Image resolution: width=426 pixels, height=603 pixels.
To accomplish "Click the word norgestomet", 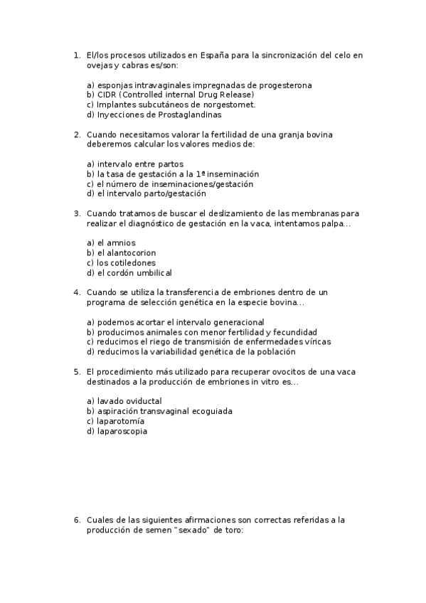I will click(225, 105).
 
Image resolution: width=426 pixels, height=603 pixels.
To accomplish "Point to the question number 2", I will click(77, 134).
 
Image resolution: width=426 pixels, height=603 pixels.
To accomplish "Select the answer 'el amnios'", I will click(115, 242).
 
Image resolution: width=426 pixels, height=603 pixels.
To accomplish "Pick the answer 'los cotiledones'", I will click(124, 262).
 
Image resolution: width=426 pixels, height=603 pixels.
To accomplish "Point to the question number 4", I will click(77, 292).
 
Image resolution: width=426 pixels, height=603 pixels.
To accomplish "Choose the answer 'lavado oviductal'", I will click(124, 401).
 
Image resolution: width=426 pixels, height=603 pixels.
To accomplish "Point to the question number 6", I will click(77, 520).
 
